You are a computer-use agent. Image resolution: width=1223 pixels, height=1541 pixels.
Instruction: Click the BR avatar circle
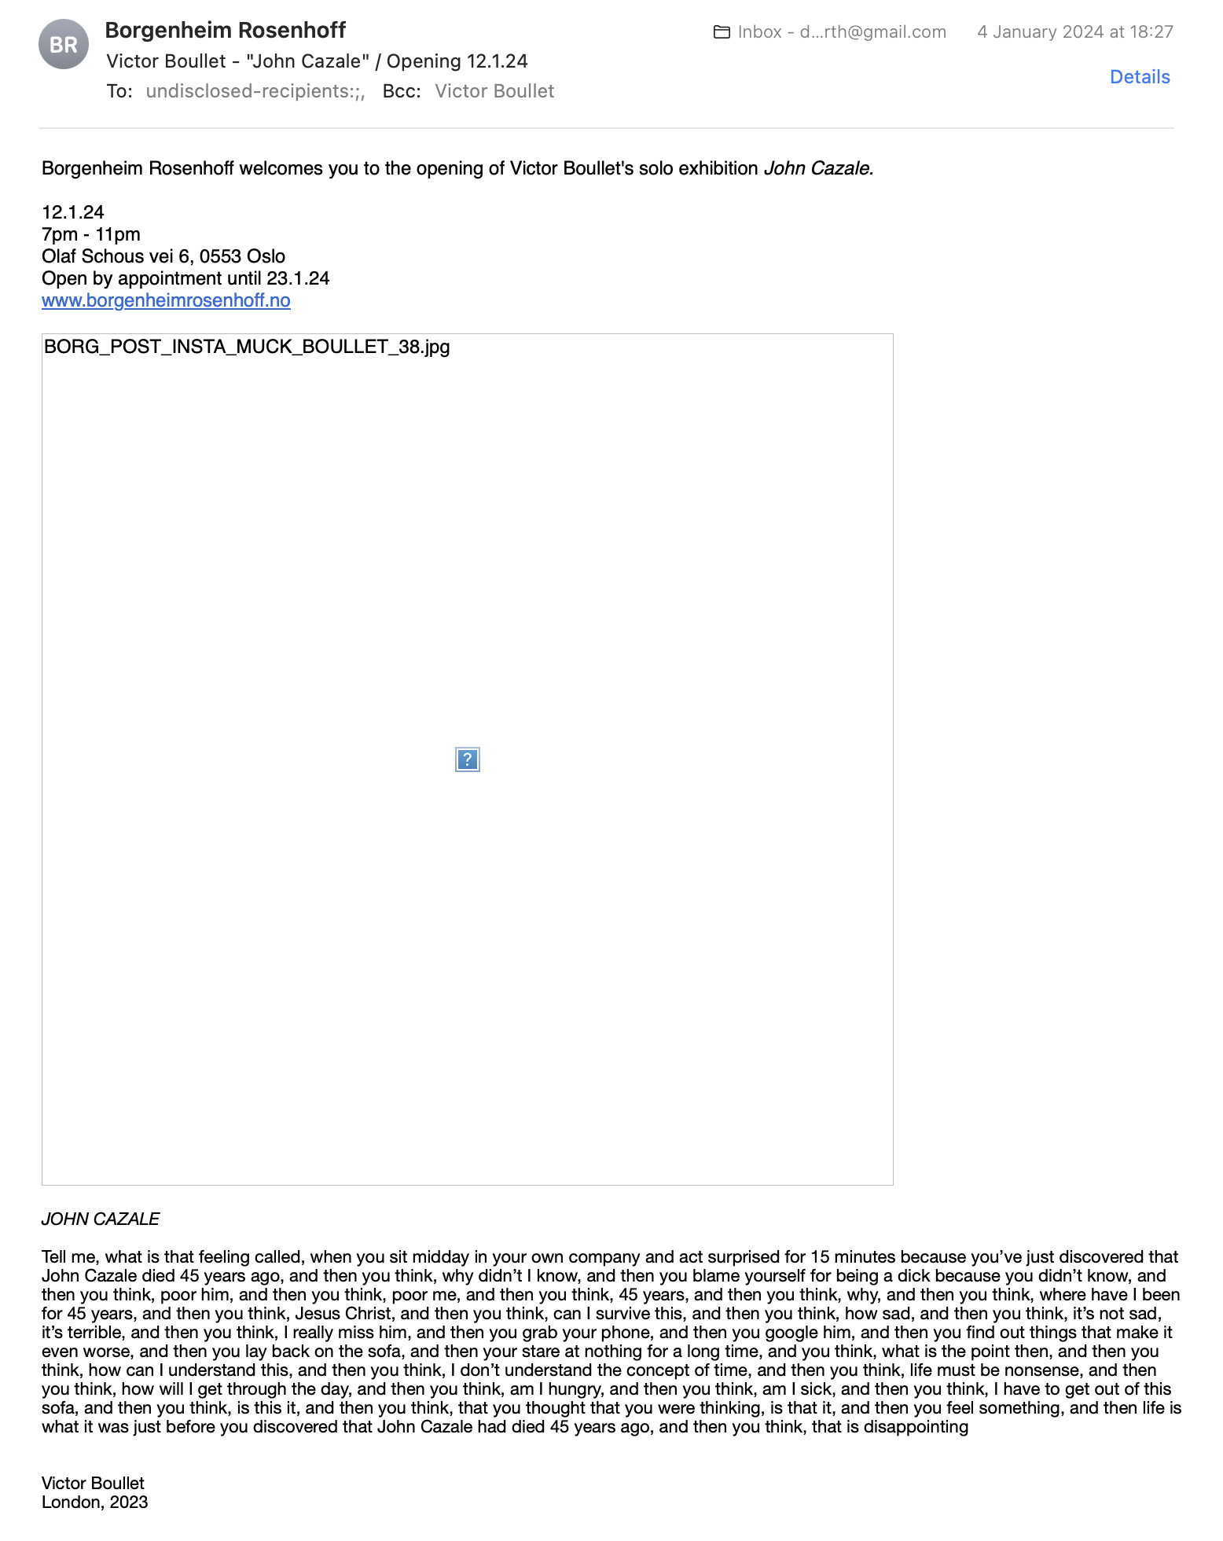click(x=64, y=44)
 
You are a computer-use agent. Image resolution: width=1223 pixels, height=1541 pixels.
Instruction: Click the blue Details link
click(x=1140, y=77)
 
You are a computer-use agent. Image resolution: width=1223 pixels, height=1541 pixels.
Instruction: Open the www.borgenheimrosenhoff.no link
click(x=166, y=300)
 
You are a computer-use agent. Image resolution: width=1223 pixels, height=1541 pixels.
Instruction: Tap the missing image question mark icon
click(x=468, y=759)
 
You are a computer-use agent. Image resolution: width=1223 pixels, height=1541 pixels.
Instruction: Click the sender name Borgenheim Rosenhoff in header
click(x=226, y=31)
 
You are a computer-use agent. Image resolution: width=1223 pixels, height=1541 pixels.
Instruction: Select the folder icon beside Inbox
click(x=722, y=32)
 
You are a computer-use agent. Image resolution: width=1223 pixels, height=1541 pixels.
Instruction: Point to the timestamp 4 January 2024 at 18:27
click(x=1074, y=32)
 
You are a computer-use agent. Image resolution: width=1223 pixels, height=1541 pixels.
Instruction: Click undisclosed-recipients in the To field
click(x=255, y=91)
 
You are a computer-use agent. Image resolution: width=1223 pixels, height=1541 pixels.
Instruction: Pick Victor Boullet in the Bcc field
click(x=494, y=91)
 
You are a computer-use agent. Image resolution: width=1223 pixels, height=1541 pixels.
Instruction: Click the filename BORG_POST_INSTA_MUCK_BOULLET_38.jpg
click(x=247, y=347)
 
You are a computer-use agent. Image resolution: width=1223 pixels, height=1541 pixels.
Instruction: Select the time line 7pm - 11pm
click(x=91, y=234)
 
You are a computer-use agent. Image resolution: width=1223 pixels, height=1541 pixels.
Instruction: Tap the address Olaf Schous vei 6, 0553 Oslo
click(x=163, y=256)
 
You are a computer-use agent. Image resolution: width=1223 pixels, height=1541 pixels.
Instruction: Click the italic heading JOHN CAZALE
click(x=101, y=1219)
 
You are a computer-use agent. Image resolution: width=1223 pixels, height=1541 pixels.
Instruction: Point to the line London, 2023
click(x=95, y=1502)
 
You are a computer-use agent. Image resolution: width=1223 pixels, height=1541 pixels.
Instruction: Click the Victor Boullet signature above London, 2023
click(x=94, y=1483)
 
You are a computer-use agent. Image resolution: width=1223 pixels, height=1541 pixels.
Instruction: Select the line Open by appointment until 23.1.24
click(x=185, y=278)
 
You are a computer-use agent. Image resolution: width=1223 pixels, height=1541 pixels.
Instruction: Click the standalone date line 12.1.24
click(x=73, y=212)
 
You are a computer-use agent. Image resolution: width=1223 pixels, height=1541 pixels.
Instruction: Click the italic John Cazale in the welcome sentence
click(x=818, y=168)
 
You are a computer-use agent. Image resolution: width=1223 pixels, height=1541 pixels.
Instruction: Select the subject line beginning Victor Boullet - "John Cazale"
click(x=318, y=61)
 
